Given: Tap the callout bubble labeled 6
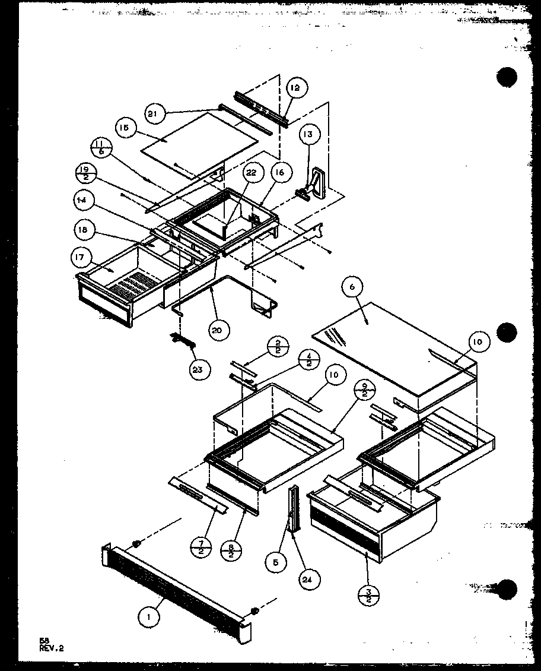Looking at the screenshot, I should pyautogui.click(x=352, y=287).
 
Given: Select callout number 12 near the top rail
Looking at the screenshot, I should pyautogui.click(x=295, y=88).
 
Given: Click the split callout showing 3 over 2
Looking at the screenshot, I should pyautogui.click(x=368, y=593).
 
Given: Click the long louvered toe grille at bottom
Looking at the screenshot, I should pyautogui.click(x=175, y=588).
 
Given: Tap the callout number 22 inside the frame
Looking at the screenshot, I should pyautogui.click(x=252, y=172).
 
